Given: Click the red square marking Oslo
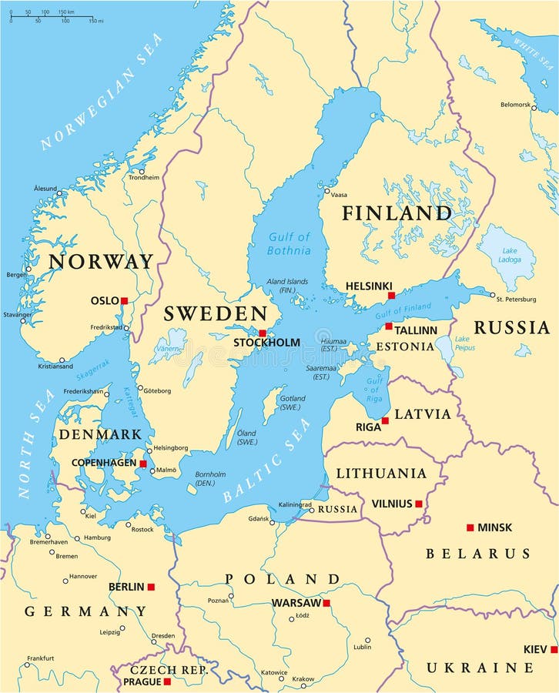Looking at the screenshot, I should (124, 301).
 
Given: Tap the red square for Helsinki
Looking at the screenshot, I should (391, 295).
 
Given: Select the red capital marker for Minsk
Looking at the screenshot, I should (470, 527).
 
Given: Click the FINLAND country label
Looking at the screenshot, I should (397, 213).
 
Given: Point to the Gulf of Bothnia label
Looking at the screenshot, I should (289, 244).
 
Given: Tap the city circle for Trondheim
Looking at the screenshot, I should (141, 171).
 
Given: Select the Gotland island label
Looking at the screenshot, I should (292, 403).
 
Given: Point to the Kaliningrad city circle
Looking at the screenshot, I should (311, 510).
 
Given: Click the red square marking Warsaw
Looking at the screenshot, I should (326, 603).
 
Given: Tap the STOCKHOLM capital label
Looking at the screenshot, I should (266, 342).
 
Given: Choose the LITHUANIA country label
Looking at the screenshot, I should (380, 473).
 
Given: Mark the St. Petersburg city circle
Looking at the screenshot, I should (493, 295).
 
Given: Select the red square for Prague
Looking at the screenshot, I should (167, 681).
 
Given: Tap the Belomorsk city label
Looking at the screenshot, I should (515, 104).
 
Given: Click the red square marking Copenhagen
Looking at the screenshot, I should (142, 464).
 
